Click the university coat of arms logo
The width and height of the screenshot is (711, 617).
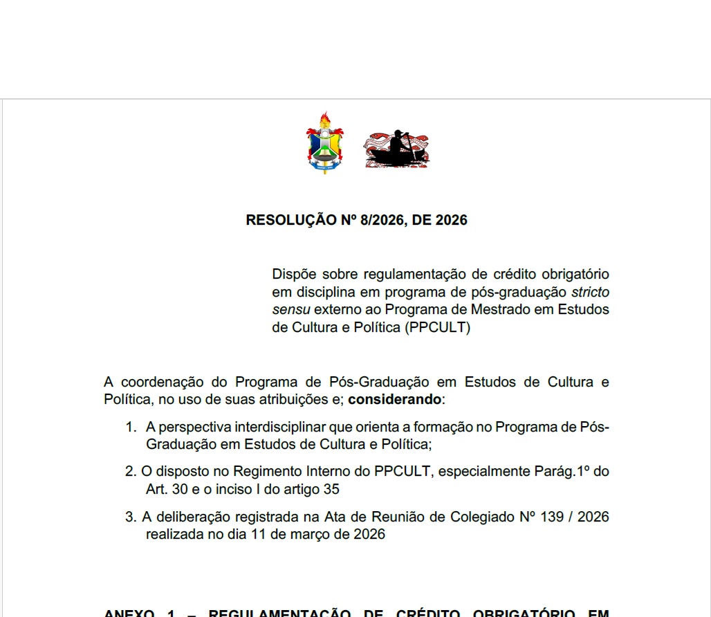325,142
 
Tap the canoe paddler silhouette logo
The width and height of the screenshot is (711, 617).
397,149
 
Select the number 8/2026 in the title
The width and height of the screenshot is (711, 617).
383,221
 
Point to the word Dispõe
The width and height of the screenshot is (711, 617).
293,275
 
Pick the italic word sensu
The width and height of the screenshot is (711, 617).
291,309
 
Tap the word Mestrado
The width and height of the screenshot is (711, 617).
506,309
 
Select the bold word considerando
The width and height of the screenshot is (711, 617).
395,399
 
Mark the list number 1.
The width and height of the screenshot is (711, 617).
130,427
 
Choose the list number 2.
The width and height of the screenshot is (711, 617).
130,472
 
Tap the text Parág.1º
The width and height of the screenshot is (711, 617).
557,472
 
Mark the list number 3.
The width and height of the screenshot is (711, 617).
130,517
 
